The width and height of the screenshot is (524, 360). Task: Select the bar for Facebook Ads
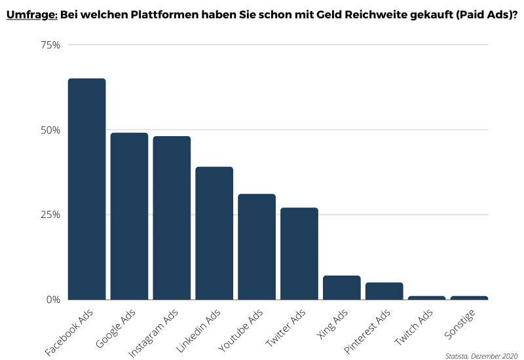click(x=86, y=190)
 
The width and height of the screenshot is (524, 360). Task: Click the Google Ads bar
click(x=129, y=216)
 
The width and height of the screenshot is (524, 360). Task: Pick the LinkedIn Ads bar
click(x=214, y=233)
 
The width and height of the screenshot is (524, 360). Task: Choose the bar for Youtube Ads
click(x=257, y=247)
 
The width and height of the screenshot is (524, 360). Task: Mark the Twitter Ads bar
click(x=299, y=253)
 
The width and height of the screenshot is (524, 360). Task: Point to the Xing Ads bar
click(x=342, y=287)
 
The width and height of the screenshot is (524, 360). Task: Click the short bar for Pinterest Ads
click(x=384, y=291)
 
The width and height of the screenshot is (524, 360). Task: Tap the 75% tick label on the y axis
click(x=50, y=45)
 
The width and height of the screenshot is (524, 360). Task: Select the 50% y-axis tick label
click(x=50, y=130)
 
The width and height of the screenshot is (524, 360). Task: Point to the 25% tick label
click(x=50, y=215)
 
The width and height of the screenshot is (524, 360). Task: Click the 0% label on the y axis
click(x=53, y=300)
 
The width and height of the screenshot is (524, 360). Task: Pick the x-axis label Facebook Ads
click(x=69, y=333)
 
